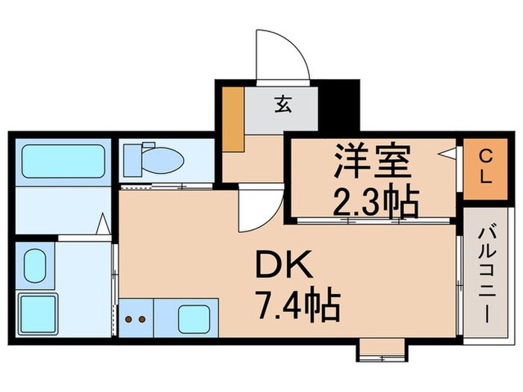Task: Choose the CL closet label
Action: pyautogui.click(x=485, y=168)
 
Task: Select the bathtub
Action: pyautogui.click(x=62, y=161)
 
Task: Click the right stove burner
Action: pyautogui.click(x=140, y=320)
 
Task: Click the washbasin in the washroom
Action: pyautogui.click(x=34, y=266)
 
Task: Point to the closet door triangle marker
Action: pyautogui.click(x=448, y=155)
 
